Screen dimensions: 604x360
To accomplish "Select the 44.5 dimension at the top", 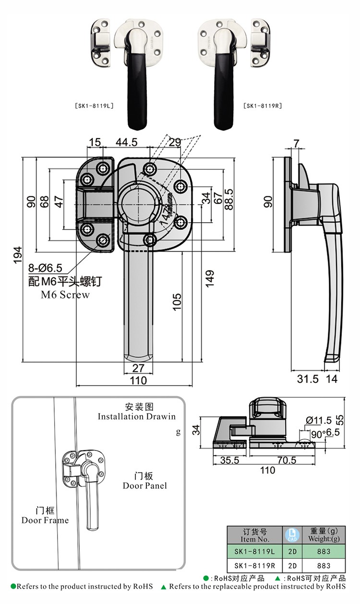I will tap(127, 142).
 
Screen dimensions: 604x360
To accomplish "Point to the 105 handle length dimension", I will tap(177, 302).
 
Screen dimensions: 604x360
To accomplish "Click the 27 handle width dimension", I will tap(138, 368).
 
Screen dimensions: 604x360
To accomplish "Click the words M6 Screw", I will tap(65, 295).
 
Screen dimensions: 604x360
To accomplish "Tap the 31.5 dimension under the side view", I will tap(307, 379).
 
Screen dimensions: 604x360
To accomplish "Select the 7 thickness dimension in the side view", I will tap(296, 142).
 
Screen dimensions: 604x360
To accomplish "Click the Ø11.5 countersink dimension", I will tap(319, 420).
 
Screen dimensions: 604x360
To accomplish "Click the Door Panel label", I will tap(144, 486).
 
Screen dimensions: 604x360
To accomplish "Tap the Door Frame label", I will tap(45, 520).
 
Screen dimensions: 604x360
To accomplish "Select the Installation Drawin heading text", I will tap(137, 416).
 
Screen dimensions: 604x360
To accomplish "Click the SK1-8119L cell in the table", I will tap(254, 552).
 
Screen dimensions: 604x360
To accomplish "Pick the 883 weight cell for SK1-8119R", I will tap(324, 566).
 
